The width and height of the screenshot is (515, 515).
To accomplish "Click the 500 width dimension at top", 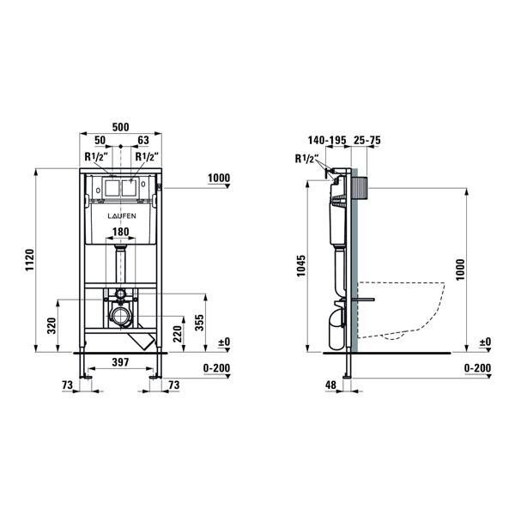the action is (120, 127).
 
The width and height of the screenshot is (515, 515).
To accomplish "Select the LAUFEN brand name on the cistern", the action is (122, 215).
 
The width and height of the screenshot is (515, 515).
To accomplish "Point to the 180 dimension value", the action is (121, 232).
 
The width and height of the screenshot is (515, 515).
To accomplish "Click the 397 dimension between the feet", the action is (120, 362).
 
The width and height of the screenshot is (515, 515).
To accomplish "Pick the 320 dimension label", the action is (51, 326).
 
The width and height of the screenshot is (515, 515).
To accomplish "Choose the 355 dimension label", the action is (199, 323).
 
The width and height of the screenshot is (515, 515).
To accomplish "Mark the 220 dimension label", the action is (178, 334).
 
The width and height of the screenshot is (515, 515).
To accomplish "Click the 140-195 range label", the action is (327, 140).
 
